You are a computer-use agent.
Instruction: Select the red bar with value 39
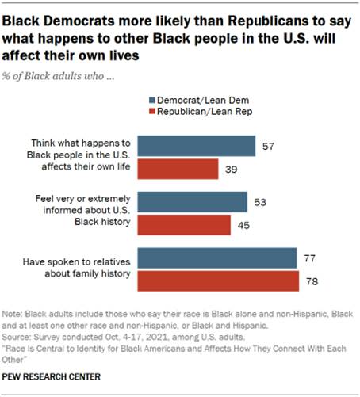pos(178,169)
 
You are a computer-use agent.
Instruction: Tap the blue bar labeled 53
pos(193,203)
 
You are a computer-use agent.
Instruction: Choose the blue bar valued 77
pos(217,259)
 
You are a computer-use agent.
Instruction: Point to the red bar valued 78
pos(218,281)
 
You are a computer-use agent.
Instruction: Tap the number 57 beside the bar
pos(268,147)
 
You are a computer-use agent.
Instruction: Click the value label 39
pos(232,169)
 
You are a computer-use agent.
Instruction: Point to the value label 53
pos(260,203)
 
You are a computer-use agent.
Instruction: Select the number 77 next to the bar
pos(308,259)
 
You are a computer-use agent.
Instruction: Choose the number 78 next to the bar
pos(311,281)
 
